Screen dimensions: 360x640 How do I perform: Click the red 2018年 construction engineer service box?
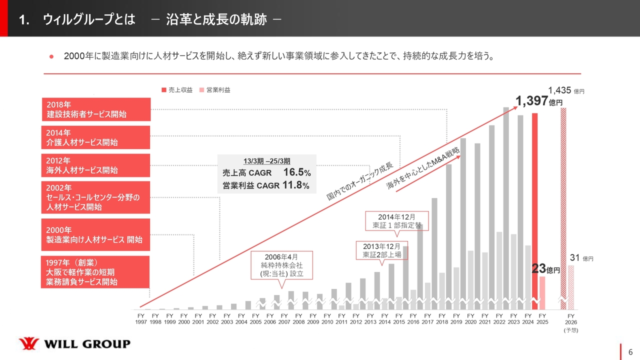[x=95, y=109]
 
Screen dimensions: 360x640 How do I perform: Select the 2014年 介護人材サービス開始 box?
[x=95, y=137]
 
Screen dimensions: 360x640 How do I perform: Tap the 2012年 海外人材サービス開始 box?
[x=95, y=165]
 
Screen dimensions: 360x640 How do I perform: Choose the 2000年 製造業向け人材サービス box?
[x=95, y=234]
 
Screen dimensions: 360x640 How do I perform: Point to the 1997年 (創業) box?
[x=95, y=272]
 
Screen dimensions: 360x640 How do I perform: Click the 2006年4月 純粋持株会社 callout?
[x=282, y=265]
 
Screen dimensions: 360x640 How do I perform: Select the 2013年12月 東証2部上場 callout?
[x=381, y=250]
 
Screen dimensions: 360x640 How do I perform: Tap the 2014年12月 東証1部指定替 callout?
[x=396, y=221]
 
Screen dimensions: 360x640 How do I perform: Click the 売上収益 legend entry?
[x=177, y=90]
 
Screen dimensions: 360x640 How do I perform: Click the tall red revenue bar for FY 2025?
[x=534, y=205]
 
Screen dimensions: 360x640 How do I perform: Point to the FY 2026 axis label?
[x=570, y=323]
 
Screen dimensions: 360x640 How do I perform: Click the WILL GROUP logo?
[x=74, y=344]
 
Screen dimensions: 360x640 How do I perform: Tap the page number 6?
[x=630, y=351]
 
